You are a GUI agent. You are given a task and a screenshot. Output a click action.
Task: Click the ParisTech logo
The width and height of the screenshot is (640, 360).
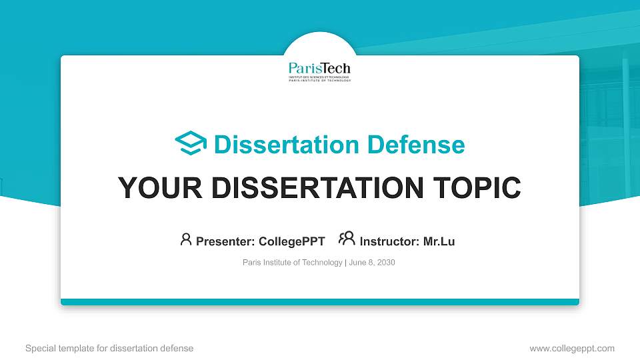(319, 71)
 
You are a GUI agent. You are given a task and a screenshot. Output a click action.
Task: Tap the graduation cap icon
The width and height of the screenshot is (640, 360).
(191, 144)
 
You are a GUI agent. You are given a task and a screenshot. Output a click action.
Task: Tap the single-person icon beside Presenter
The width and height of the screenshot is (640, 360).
(186, 239)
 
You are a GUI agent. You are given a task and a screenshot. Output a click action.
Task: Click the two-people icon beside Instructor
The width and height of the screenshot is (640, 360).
(347, 239)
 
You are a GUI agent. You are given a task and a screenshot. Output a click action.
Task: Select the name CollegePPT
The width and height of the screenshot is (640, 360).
(291, 241)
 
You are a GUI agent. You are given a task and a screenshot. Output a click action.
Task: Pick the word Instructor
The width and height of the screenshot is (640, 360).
(387, 241)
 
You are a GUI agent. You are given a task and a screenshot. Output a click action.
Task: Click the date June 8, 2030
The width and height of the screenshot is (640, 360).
(372, 263)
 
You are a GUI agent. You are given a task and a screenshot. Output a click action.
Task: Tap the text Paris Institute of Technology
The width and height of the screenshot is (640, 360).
(292, 263)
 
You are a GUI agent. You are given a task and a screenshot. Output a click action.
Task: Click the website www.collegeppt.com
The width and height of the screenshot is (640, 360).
(572, 348)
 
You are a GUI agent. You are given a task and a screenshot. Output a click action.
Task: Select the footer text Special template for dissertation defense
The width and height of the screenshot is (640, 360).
(109, 348)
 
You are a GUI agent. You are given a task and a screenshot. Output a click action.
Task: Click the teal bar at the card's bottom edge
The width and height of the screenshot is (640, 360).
(320, 302)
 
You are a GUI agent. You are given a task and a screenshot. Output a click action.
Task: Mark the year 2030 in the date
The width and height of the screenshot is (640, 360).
(385, 263)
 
